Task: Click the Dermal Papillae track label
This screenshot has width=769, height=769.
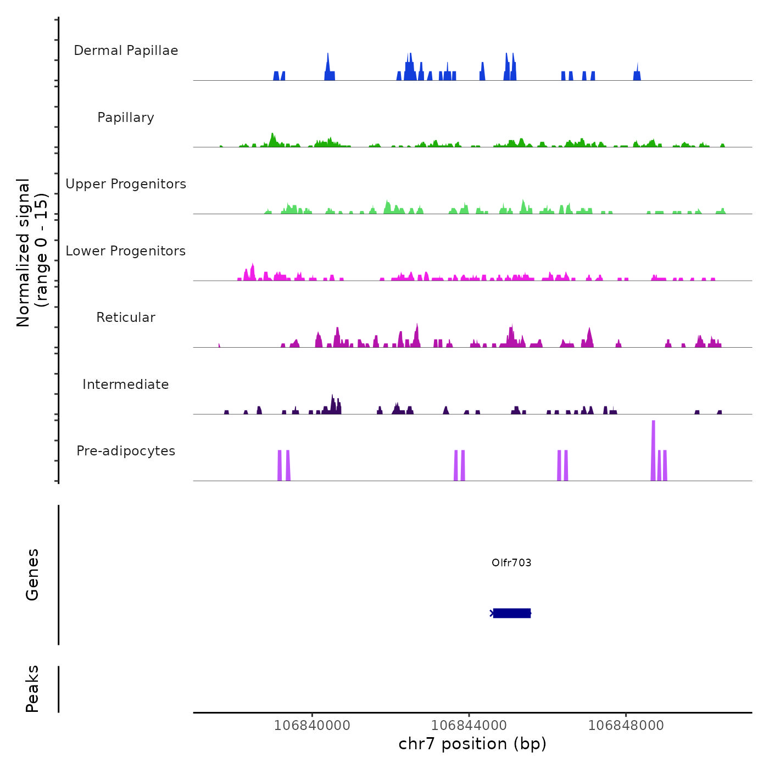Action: tap(126, 51)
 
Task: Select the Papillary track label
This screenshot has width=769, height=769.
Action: tap(126, 118)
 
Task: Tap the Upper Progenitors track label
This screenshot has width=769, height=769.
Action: tap(126, 184)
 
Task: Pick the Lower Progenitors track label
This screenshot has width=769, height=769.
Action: tap(126, 251)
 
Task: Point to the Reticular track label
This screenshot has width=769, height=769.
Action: tap(126, 317)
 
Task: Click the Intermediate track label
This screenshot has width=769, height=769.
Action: tap(126, 384)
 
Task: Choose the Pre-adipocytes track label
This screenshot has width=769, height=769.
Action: tap(126, 451)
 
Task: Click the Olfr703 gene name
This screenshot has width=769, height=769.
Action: tap(511, 562)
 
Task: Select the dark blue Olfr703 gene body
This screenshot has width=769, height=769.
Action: tap(512, 613)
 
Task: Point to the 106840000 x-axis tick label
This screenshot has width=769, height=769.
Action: tap(312, 725)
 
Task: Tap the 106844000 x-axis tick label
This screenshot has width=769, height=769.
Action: tap(469, 725)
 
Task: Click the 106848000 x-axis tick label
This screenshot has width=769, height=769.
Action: tap(626, 725)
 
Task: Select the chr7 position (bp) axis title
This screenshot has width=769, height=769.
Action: tap(472, 744)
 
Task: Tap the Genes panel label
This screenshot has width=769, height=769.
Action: tap(32, 575)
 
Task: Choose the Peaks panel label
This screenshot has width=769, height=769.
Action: tap(32, 689)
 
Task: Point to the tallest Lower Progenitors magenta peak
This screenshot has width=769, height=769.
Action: tap(252, 272)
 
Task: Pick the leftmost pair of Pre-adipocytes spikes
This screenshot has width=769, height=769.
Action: tap(283, 466)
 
